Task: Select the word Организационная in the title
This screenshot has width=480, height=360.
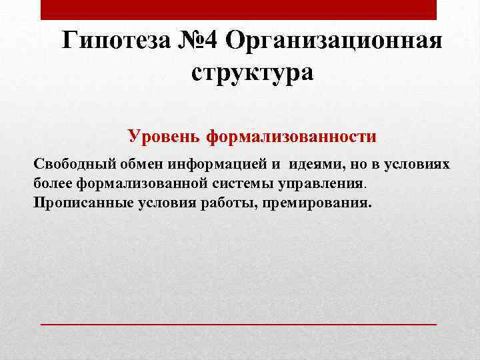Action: [334, 41]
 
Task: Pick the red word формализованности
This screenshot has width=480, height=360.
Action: [291, 137]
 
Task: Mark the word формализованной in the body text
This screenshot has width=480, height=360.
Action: [130, 183]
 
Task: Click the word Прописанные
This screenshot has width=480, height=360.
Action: [75, 201]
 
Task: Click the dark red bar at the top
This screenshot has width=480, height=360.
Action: [239, 9]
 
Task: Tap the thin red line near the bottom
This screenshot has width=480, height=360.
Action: [239, 323]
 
